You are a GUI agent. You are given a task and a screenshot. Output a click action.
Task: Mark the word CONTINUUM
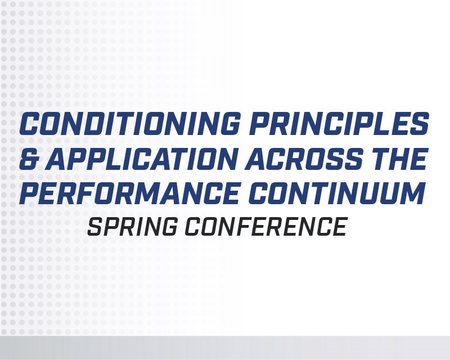[x=338, y=195]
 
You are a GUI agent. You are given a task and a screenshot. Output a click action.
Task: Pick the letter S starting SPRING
[x=96, y=226]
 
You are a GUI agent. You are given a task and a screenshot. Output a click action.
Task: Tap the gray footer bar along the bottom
[x=225, y=348]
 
